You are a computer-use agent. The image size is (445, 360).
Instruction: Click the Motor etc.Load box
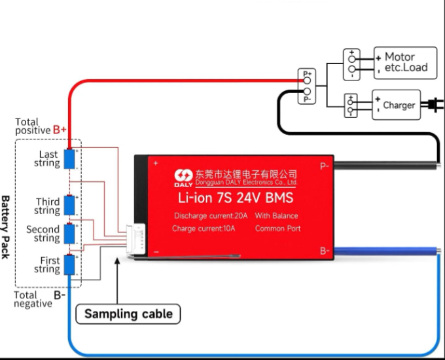pyautogui.click(x=404, y=63)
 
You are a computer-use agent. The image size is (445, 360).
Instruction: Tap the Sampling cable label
pyautogui.click(x=128, y=314)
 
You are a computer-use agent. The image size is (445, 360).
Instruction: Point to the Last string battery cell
pyautogui.click(x=69, y=159)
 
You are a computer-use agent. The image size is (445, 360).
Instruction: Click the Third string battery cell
pyautogui.click(x=69, y=206)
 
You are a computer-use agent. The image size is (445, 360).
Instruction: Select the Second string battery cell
pyautogui.click(x=69, y=233)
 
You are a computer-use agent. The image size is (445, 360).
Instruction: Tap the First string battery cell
pyautogui.click(x=69, y=264)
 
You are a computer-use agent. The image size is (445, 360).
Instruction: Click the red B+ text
pyautogui.click(x=60, y=130)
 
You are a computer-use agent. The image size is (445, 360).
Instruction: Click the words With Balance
pyautogui.click(x=276, y=216)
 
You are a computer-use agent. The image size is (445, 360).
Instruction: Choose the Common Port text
pyautogui.click(x=277, y=228)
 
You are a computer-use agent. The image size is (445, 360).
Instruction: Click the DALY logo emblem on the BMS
pyautogui.click(x=183, y=176)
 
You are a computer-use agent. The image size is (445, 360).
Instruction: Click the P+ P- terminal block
pyautogui.click(x=306, y=86)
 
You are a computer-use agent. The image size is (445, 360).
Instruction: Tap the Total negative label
pyautogui.click(x=31, y=300)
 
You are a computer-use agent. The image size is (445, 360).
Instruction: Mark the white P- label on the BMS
pyautogui.click(x=324, y=166)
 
